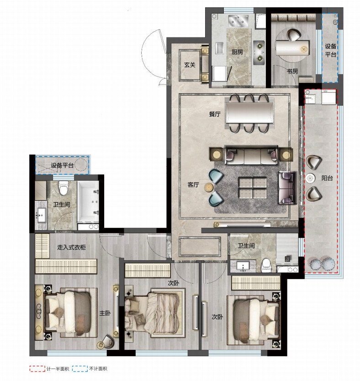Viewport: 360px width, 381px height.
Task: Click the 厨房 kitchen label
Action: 237,52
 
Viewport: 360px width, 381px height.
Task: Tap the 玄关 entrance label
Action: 190,65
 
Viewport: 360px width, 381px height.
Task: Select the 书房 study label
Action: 292,71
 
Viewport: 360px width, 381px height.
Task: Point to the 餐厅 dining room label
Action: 215,114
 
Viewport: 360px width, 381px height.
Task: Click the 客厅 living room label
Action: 193,185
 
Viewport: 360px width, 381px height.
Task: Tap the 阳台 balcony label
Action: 327,178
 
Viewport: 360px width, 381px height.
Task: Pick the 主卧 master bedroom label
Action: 105,313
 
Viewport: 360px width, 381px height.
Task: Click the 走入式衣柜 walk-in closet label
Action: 71,247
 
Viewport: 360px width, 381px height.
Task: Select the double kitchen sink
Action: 238,21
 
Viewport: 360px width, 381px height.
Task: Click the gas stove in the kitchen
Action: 259,53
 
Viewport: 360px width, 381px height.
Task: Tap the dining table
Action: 249,113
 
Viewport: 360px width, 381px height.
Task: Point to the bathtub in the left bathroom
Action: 88,201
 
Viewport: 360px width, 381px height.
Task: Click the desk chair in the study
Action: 293,35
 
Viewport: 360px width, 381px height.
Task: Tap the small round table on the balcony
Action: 310,178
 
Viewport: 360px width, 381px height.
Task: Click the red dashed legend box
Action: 37,369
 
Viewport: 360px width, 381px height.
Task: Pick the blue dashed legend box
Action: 80,369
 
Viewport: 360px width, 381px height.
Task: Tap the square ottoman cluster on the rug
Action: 253,188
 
